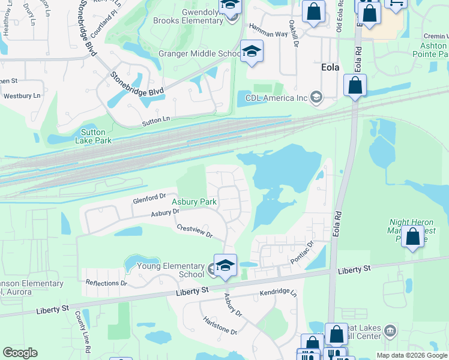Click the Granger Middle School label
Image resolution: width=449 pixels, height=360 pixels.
click(x=199, y=54)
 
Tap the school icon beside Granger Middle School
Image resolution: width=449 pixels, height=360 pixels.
click(x=252, y=51)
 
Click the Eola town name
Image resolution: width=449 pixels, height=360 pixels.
click(x=330, y=67)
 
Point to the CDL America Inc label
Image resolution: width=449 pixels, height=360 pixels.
click(x=276, y=97)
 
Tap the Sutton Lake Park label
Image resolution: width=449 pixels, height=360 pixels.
click(x=93, y=136)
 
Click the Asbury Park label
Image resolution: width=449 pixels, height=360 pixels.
click(x=194, y=202)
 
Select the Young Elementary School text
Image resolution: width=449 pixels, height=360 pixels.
click(x=171, y=271)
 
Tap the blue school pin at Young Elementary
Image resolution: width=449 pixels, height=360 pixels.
click(x=225, y=265)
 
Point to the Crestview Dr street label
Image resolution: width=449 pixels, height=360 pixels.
click(x=194, y=231)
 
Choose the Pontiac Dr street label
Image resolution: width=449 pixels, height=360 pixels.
click(x=302, y=252)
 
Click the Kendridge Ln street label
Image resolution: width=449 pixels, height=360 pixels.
click(x=278, y=293)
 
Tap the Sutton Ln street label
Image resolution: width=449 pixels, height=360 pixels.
click(x=156, y=119)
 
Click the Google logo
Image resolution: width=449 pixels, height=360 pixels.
click(x=20, y=353)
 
